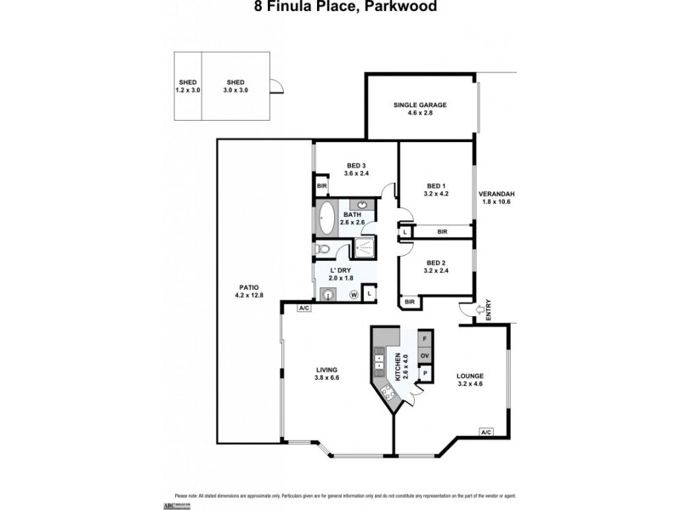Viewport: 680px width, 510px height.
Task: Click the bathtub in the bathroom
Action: (327, 218)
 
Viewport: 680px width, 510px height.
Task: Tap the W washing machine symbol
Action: (353, 294)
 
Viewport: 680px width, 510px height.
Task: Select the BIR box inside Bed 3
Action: (322, 186)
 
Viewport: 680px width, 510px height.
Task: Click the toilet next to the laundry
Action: (323, 250)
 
